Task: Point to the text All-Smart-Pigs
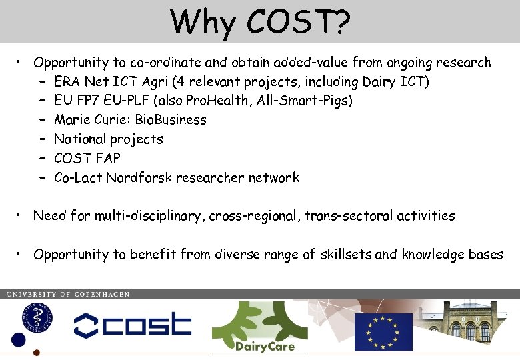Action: (x=309, y=101)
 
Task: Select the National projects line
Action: (x=108, y=139)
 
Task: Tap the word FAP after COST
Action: (x=108, y=159)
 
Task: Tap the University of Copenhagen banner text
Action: (x=68, y=294)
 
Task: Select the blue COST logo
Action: (x=132, y=325)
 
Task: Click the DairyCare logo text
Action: (x=264, y=346)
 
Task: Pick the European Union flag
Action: (x=383, y=331)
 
